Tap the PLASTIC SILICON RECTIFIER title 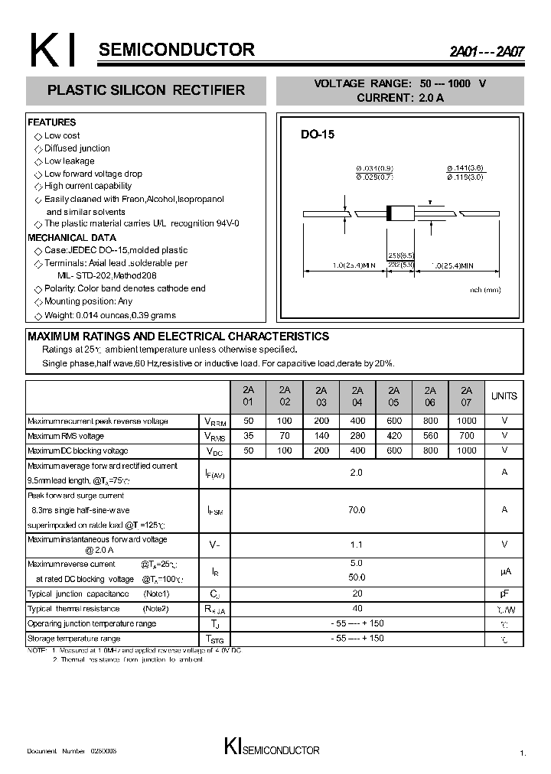(146, 90)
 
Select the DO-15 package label (317, 134)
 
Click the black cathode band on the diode (390, 213)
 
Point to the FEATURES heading (52, 122)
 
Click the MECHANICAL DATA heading (72, 238)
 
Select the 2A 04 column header (357, 395)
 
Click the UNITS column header (504, 396)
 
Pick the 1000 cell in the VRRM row (467, 421)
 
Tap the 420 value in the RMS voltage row (394, 436)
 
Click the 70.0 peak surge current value (357, 509)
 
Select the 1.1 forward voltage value (357, 545)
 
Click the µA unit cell (504, 571)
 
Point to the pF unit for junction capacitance (504, 594)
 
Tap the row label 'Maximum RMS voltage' (66, 436)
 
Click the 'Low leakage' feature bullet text (70, 161)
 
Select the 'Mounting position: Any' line (88, 301)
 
